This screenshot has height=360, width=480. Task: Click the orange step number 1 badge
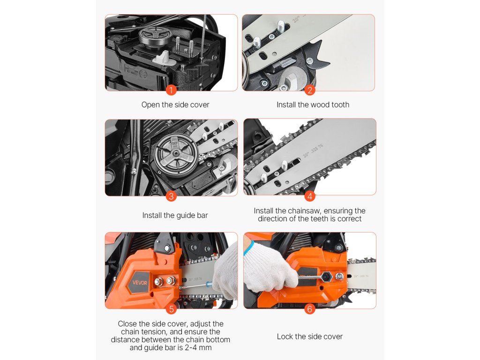(x=171, y=90)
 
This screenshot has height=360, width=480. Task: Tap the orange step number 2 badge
(x=309, y=90)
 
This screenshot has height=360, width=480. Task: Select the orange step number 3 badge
(x=171, y=196)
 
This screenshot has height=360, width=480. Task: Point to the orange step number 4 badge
(x=309, y=196)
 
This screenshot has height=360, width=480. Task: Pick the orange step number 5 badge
(x=172, y=309)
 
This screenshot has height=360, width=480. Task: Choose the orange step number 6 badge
(x=309, y=309)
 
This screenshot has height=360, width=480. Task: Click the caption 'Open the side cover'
(x=175, y=105)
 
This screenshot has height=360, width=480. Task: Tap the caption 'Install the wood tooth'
(x=313, y=105)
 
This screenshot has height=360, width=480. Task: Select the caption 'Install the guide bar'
(x=175, y=216)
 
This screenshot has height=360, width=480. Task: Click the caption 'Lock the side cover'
(x=310, y=337)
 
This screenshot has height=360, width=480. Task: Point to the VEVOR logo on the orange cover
(x=140, y=283)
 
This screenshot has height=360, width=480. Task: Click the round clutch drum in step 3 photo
(x=176, y=153)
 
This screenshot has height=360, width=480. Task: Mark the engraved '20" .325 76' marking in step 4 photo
(x=313, y=150)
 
